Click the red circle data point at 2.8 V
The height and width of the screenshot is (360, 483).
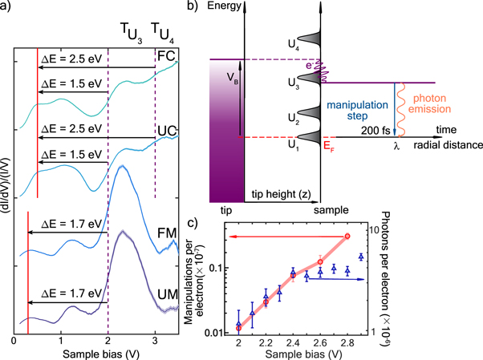coord(347,236)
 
